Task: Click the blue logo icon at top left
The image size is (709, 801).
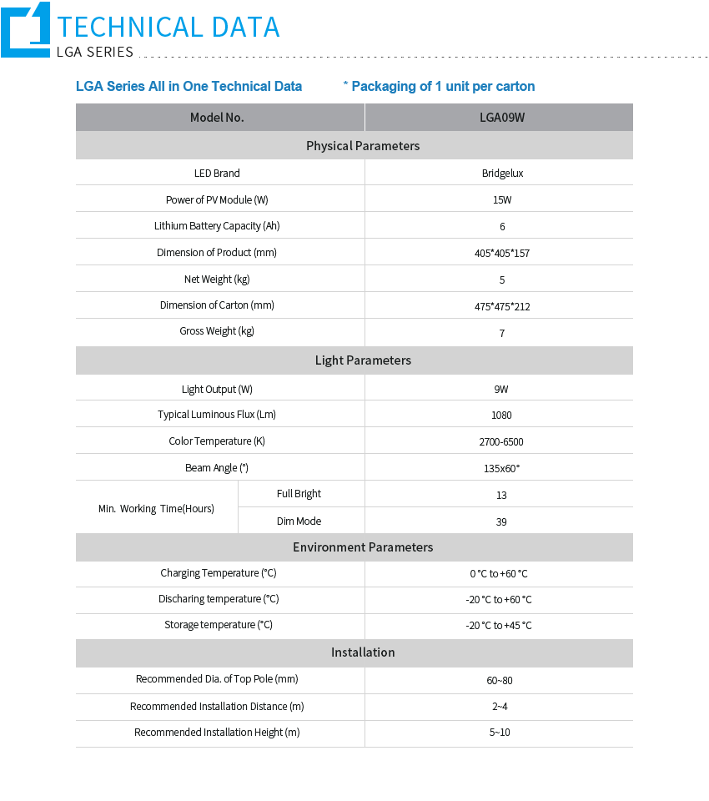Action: click(x=26, y=30)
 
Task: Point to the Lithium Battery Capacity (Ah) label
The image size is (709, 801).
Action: click(x=217, y=226)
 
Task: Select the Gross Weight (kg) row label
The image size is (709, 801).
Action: click(x=217, y=331)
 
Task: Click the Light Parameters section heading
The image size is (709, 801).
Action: click(x=363, y=360)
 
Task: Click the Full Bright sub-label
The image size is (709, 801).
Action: click(x=299, y=494)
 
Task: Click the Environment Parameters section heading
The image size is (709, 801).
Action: click(x=363, y=547)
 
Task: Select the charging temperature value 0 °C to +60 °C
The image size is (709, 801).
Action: click(x=499, y=574)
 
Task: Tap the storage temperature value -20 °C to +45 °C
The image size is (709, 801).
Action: click(x=499, y=626)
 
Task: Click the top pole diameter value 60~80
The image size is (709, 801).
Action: click(x=500, y=680)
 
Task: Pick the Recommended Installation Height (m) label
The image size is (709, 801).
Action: click(x=217, y=733)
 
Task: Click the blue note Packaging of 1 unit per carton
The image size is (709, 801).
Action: click(x=439, y=87)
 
